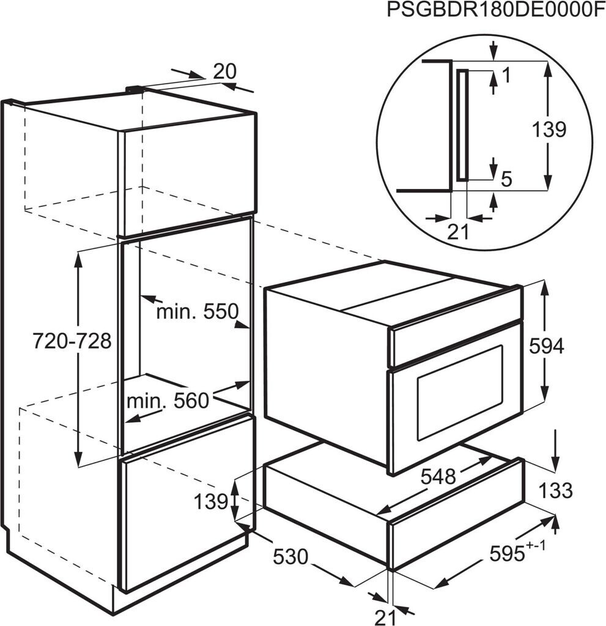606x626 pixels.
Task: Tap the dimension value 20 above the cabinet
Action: pos(224,72)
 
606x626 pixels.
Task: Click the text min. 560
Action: pos(168,401)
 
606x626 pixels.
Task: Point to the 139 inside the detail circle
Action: pos(549,130)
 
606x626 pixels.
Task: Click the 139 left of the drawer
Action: pos(211,503)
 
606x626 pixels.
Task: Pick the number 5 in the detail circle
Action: pos(506,179)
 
